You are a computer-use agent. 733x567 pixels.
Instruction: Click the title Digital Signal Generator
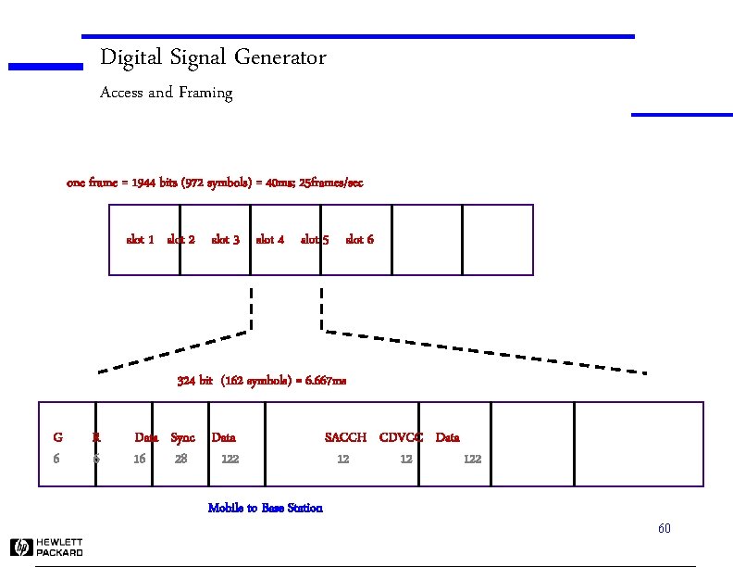click(x=213, y=57)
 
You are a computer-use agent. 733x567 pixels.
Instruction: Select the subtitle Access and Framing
click(x=166, y=93)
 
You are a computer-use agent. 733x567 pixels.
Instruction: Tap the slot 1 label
click(x=140, y=240)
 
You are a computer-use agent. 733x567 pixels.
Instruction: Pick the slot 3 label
click(x=226, y=240)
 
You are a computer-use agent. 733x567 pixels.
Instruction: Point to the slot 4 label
click(x=270, y=240)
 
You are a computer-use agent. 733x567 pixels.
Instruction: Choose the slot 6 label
click(x=359, y=240)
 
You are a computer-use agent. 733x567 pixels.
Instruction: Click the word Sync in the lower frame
click(x=183, y=437)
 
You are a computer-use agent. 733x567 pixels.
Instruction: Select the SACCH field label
click(x=345, y=437)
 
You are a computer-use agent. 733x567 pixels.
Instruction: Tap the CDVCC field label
click(x=401, y=437)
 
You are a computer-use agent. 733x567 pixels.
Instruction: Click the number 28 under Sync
click(x=180, y=459)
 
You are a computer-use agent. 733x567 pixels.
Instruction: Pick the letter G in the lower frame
click(x=57, y=437)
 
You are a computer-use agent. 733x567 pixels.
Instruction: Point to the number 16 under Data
click(x=139, y=459)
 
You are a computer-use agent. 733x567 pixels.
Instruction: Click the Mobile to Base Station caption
click(x=266, y=508)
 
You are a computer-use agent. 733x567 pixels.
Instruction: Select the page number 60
click(x=664, y=529)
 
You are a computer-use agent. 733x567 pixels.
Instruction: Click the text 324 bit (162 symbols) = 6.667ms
click(x=262, y=381)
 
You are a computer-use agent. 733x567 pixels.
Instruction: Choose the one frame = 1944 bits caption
click(x=215, y=183)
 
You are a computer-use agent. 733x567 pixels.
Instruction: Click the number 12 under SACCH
click(x=342, y=459)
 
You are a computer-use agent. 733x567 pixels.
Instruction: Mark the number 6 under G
click(x=56, y=459)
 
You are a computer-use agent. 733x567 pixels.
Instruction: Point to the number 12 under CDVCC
click(x=405, y=459)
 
